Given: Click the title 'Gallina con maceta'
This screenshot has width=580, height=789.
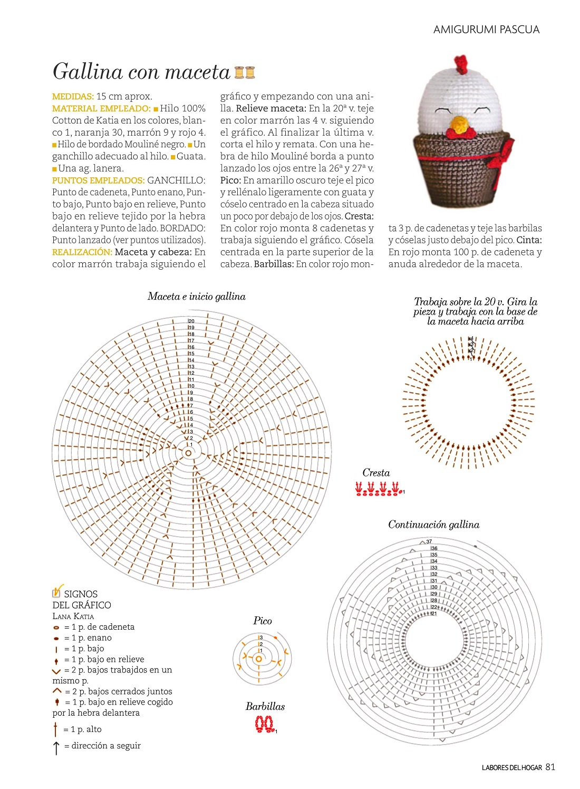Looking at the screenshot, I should (141, 72).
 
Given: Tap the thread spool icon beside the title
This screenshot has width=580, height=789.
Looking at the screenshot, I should (244, 72).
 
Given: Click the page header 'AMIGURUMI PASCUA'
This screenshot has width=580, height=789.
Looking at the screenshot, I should (486, 30).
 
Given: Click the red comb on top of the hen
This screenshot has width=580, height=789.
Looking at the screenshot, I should (461, 64).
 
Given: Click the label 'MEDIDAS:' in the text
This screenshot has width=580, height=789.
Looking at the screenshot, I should (73, 97).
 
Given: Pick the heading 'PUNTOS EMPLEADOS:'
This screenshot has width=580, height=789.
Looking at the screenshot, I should (98, 180).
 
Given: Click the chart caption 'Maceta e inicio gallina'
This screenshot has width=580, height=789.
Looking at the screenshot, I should (196, 297).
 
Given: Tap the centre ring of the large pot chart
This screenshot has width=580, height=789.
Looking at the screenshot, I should (188, 453).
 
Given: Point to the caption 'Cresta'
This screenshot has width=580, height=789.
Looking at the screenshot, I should (376, 473).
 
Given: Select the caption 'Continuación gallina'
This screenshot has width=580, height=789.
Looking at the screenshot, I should (433, 525).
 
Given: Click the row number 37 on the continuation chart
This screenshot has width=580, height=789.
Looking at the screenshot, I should (429, 541).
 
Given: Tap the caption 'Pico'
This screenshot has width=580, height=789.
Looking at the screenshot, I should (263, 621).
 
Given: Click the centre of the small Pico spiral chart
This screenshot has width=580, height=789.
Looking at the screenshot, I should (258, 659).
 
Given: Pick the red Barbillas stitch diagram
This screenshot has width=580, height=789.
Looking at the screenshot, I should (265, 724).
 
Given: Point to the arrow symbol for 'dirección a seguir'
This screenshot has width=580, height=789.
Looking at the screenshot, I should (56, 747).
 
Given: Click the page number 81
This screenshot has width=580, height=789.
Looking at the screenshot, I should (550, 767).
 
